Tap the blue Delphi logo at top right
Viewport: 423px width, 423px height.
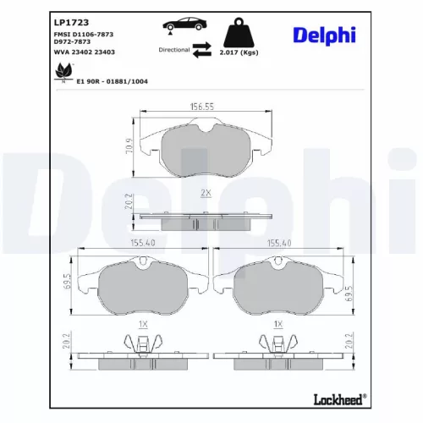(324, 35)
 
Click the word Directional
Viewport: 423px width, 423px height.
(174, 50)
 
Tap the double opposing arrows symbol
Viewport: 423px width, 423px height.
(201, 52)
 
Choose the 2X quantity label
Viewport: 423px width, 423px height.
(205, 193)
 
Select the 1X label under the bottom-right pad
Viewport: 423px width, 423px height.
(277, 324)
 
